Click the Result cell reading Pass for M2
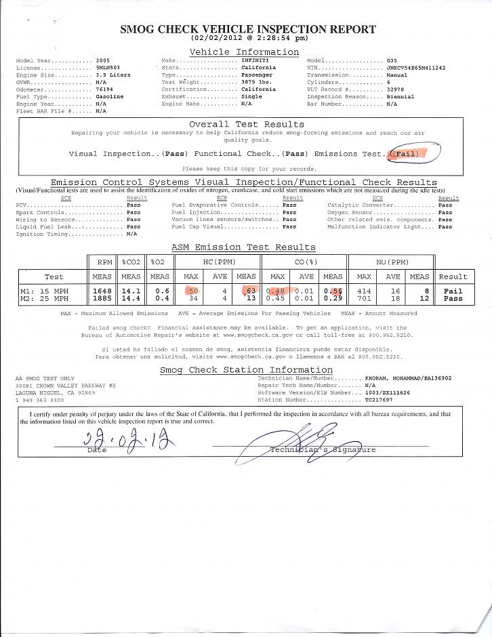coord(453,297)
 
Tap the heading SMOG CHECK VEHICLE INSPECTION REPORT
coord(247,29)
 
